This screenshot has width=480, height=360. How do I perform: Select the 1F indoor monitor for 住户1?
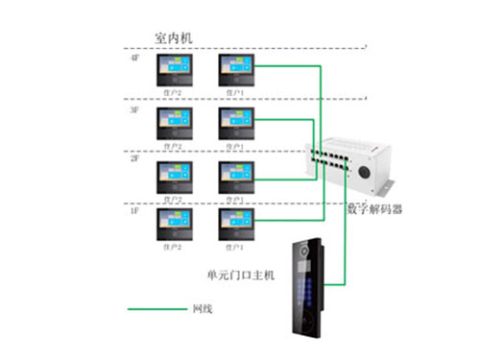click(x=237, y=223)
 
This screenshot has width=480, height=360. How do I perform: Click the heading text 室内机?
click(x=174, y=37)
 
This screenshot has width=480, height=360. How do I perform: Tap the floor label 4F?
click(x=135, y=59)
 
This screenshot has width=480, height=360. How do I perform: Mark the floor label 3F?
click(x=135, y=110)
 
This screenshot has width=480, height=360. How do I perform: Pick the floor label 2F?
click(x=135, y=161)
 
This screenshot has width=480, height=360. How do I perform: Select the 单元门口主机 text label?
click(x=241, y=275)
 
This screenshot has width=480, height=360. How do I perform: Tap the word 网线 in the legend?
click(x=202, y=309)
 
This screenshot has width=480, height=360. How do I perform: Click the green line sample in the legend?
click(x=156, y=309)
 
